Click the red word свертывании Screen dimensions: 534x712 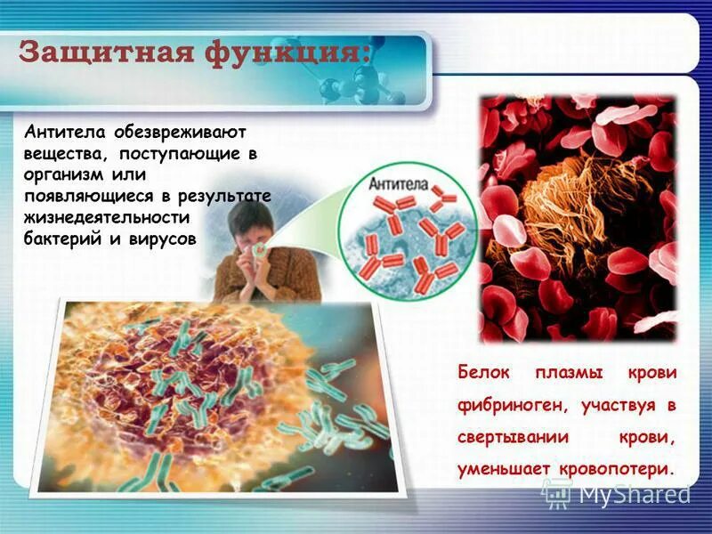(506, 437)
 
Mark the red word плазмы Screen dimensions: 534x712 (570, 371)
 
